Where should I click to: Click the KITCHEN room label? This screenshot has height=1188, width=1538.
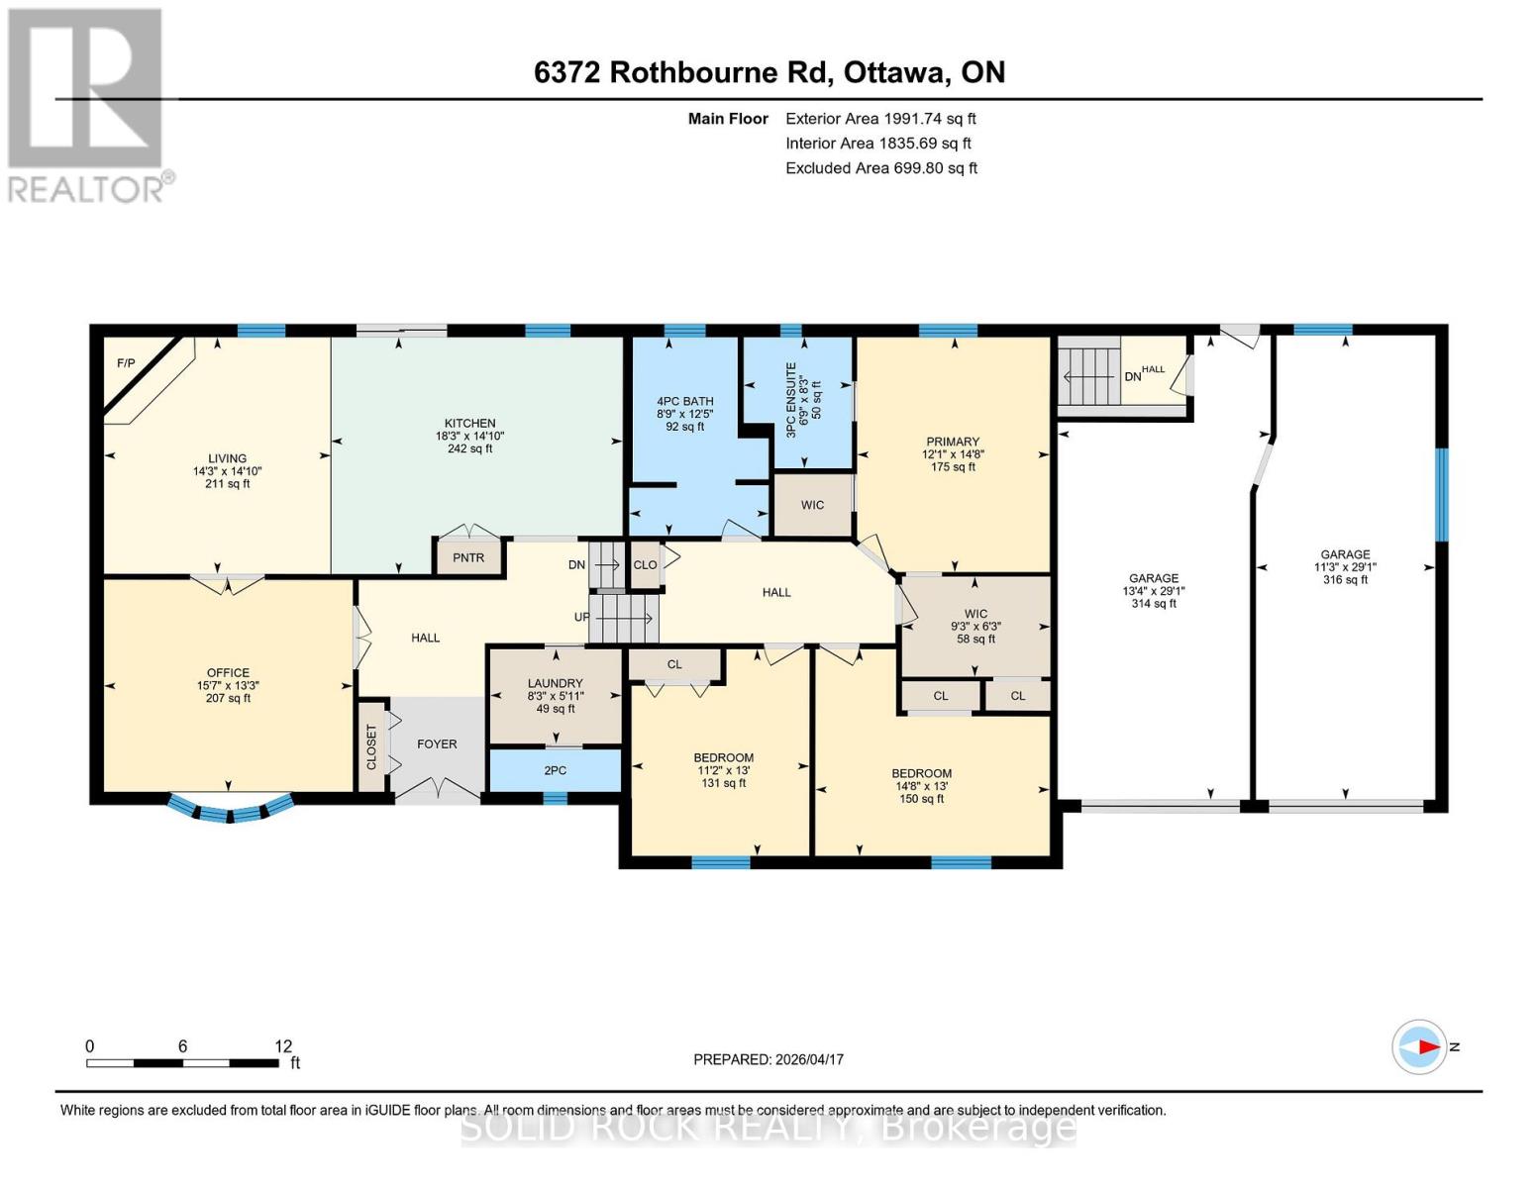[469, 424]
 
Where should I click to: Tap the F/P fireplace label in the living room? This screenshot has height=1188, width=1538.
[126, 363]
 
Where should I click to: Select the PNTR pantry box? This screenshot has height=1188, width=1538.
[468, 557]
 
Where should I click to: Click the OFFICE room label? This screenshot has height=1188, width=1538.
[228, 673]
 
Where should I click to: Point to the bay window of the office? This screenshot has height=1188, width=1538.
[230, 810]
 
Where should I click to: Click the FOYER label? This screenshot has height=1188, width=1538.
[437, 744]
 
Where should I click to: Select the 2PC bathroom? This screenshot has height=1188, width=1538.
[555, 770]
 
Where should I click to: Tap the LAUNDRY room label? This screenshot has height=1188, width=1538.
[555, 684]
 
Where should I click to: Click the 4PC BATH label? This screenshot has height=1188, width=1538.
[684, 402]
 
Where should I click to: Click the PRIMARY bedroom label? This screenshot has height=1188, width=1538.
[953, 443]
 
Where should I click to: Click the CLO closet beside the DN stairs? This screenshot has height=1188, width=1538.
[645, 565]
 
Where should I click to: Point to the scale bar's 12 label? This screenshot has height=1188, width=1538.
[283, 1046]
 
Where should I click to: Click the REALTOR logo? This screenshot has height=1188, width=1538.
[87, 105]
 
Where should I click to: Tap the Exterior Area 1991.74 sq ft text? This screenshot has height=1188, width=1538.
[880, 119]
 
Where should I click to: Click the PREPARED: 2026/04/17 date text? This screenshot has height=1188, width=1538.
[769, 1059]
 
